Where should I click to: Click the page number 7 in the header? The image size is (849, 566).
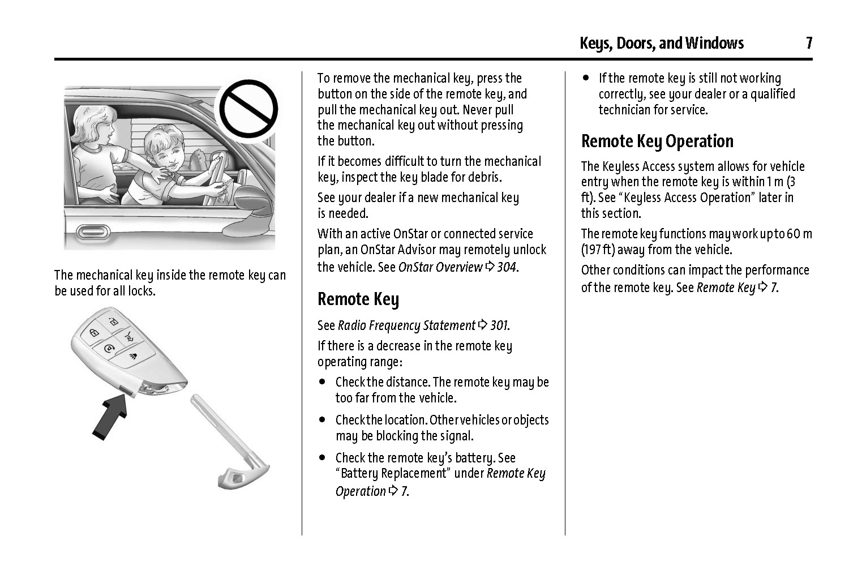(x=809, y=43)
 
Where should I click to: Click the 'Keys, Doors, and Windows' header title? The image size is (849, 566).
(x=661, y=43)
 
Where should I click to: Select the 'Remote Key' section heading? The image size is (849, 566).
(x=358, y=299)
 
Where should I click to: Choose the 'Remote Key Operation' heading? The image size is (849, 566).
(x=657, y=141)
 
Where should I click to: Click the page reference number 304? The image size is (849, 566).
(x=507, y=267)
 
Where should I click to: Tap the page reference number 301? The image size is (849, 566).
(x=499, y=325)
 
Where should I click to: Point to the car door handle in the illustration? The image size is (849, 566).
(x=93, y=231)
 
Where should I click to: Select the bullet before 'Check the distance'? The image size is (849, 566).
(x=322, y=382)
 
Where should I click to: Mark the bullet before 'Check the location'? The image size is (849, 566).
(x=322, y=420)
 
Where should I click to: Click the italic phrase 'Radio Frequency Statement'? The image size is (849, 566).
(x=406, y=325)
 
